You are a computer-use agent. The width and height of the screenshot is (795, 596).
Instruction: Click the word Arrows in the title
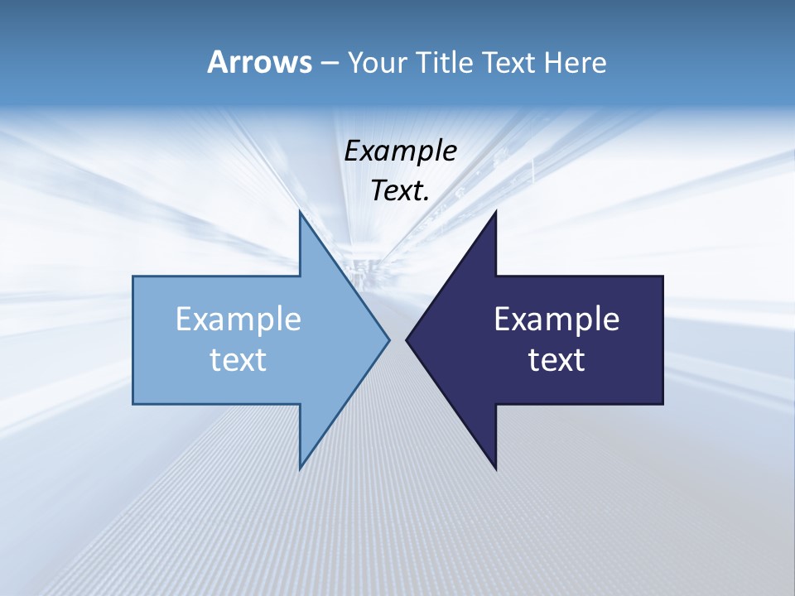coord(259,62)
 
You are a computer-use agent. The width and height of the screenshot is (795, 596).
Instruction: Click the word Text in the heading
coord(508,63)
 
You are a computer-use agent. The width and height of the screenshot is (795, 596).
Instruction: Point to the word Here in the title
coord(575,63)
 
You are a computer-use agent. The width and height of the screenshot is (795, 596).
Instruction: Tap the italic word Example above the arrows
coord(400,151)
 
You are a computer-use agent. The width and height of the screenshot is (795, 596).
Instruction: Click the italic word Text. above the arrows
coord(400,191)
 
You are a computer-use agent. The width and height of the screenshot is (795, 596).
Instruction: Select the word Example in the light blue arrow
coord(238,320)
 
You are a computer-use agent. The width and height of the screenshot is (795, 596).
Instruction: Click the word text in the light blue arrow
coord(238,360)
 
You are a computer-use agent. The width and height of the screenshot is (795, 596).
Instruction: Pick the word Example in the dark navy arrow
coord(556,320)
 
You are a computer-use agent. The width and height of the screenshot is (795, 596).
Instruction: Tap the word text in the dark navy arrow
coord(556,360)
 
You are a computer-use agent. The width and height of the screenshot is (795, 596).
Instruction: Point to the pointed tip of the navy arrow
coord(407,339)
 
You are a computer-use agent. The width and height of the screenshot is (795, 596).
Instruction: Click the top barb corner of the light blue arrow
coord(301,212)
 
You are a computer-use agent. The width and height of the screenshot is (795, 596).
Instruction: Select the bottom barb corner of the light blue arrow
coord(301,468)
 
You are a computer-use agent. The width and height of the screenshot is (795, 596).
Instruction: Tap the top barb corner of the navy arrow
coord(495,212)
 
